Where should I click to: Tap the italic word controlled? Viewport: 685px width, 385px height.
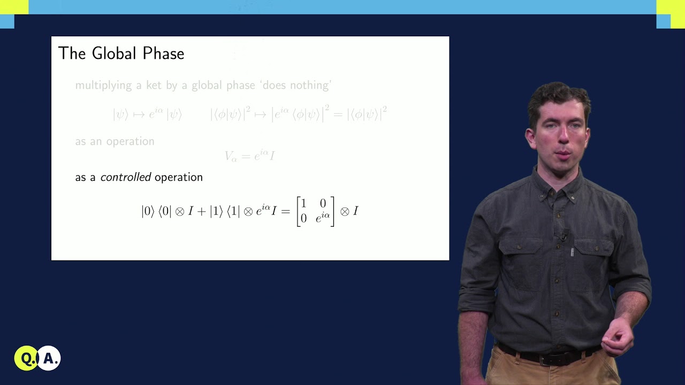(126, 177)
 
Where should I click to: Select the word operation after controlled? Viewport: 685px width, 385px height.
(179, 177)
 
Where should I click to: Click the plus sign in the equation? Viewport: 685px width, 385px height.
(201, 211)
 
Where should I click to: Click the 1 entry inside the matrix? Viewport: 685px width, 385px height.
(304, 203)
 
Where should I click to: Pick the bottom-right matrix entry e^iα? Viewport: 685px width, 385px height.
(322, 218)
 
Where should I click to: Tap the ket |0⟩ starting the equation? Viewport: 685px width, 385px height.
(147, 211)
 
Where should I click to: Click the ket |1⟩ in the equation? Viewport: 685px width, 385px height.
(216, 211)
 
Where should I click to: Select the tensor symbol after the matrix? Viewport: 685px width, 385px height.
(345, 211)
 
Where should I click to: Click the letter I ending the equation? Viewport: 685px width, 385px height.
(356, 211)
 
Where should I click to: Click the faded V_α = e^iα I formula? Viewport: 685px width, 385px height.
(249, 156)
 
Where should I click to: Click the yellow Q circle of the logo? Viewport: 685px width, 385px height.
(26, 358)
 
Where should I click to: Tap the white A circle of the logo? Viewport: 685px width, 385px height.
(50, 358)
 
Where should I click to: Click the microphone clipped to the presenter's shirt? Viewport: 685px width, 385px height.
(563, 235)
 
